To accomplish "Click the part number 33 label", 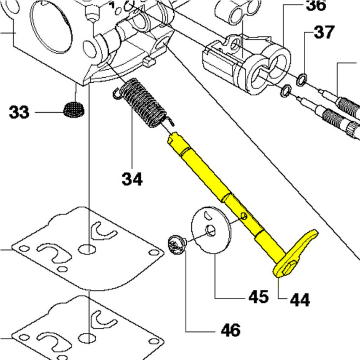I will [x=19, y=112].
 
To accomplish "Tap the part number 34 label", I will [x=132, y=179].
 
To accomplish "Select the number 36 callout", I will [x=315, y=6].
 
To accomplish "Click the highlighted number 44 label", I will [x=300, y=300].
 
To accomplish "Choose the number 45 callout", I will [x=258, y=296].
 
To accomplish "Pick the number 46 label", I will [x=231, y=330].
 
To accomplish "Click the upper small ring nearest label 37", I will [x=302, y=79].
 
